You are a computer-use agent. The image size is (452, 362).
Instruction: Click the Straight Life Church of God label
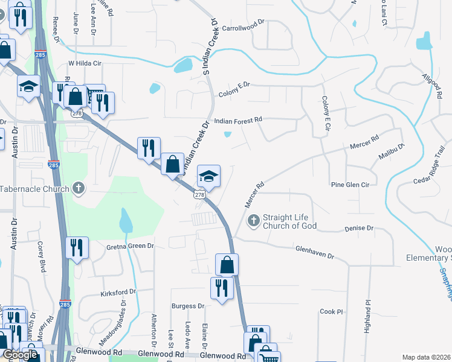click(290, 221)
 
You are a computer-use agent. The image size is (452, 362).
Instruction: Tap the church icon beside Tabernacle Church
click(78, 188)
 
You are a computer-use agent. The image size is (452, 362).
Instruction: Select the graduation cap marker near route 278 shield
click(209, 176)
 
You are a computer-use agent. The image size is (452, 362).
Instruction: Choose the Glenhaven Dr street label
click(314, 252)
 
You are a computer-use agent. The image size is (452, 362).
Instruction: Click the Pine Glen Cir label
click(349, 184)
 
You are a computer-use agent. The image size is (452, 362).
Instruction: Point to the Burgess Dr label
click(187, 306)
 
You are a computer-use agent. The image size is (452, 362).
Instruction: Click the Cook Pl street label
click(331, 311)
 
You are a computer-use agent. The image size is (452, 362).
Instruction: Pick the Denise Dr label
click(360, 229)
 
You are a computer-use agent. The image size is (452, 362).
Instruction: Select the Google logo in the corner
click(19, 355)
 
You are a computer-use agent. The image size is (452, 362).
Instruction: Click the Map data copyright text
click(427, 357)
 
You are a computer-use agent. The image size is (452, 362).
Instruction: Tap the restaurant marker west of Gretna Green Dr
click(77, 248)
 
